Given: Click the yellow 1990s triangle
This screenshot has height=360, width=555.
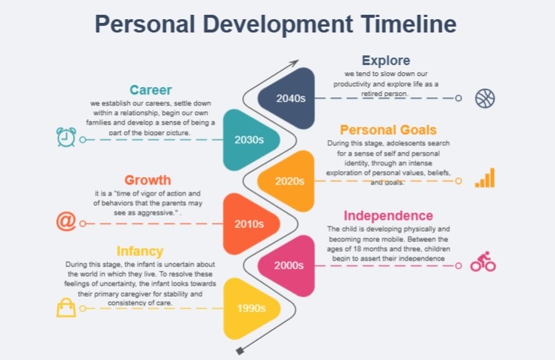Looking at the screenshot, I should tap(249, 307).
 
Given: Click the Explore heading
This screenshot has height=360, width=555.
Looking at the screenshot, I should tap(385, 60).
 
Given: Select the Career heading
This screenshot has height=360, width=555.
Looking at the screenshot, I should tap(151, 91).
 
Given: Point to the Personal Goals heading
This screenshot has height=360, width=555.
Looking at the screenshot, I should tap(388, 130).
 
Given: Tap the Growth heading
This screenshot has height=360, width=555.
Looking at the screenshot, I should tap(148, 180).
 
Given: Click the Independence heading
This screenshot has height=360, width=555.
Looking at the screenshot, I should tap(388, 215).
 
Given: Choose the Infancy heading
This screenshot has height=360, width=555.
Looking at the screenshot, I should tap(139, 251).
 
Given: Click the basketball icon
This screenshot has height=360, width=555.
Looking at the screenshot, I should tap(485, 98).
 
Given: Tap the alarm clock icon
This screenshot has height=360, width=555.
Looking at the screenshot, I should tap(66, 138).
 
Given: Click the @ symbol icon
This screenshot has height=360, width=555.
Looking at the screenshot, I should tap(66, 221).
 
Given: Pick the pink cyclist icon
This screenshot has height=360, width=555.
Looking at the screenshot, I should tap(483, 263).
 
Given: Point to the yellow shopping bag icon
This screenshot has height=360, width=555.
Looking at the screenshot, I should tap(66, 307).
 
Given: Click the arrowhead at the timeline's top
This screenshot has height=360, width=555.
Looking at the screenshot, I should tap(294, 63).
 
